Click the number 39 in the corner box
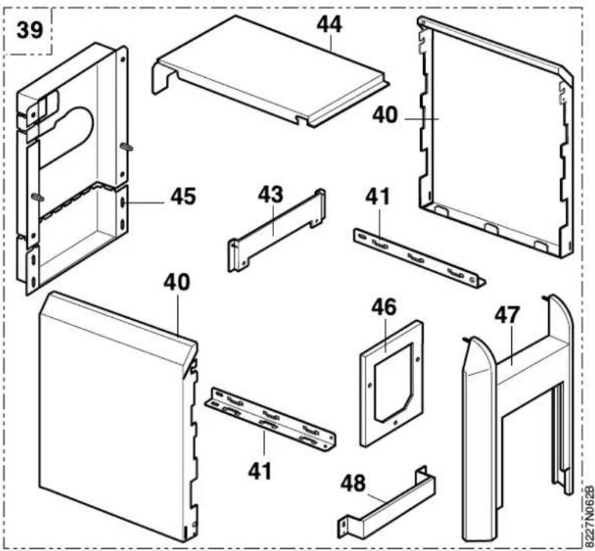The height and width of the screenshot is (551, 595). [x=30, y=30]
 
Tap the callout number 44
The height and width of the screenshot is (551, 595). [x=329, y=24]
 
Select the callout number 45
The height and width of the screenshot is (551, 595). [x=183, y=197]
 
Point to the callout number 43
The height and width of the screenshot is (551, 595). [x=271, y=194]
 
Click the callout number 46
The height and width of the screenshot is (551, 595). [x=383, y=306]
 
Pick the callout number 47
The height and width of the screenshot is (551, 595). [x=507, y=315]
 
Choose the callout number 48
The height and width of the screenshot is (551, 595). [x=353, y=483]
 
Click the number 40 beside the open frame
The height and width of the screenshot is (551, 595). [x=385, y=115]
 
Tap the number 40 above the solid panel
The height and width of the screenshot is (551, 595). [x=177, y=282]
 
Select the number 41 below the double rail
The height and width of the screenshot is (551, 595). [x=260, y=471]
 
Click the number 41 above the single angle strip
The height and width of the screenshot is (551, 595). [x=377, y=197]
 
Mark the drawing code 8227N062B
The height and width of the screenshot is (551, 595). [x=589, y=517]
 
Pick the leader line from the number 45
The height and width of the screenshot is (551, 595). [x=145, y=203]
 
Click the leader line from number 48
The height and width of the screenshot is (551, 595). [x=378, y=498]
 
